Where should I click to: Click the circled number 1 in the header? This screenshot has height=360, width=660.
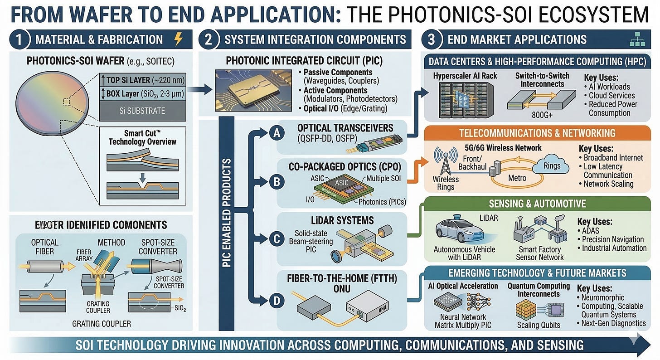tap(19, 39)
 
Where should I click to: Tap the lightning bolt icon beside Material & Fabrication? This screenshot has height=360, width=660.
tap(179, 40)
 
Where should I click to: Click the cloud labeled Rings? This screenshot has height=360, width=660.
tap(552, 166)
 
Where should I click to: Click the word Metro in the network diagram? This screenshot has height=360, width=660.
tap(517, 178)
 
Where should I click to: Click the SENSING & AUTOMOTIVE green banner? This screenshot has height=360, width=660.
tap(537, 204)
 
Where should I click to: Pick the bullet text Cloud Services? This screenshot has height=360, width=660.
tap(611, 95)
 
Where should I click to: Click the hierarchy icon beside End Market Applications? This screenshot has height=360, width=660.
tap(637, 40)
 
